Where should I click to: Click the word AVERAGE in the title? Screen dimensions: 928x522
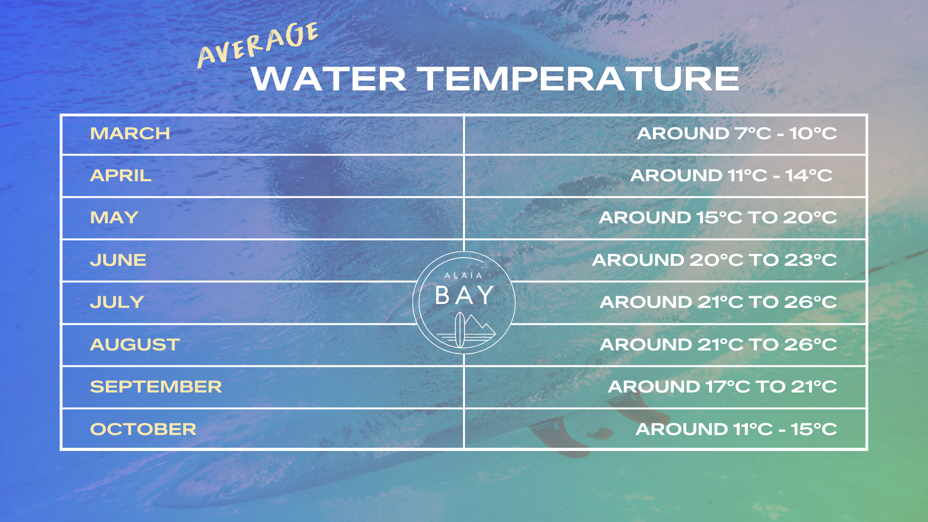click(258, 44)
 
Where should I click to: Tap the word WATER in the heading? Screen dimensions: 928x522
click(329, 79)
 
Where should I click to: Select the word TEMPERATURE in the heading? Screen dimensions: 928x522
click(578, 79)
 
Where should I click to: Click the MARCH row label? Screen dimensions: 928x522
click(130, 133)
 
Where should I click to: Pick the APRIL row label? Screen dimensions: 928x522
click(121, 175)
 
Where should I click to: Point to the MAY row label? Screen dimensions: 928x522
click(115, 217)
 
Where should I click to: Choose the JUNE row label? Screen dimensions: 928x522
click(118, 260)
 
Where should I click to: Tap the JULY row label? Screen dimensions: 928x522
click(117, 302)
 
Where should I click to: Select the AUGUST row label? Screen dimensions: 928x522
click(135, 345)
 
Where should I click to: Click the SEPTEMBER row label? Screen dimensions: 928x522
click(156, 387)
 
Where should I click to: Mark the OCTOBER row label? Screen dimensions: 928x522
click(143, 429)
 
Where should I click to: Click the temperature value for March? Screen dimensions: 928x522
click(737, 133)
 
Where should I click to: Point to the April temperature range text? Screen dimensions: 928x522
click(731, 175)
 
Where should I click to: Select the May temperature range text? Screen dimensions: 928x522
click(718, 217)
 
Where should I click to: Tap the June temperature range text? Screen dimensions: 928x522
click(714, 260)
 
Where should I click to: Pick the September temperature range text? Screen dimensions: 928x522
click(722, 387)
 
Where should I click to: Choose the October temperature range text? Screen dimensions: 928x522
click(736, 429)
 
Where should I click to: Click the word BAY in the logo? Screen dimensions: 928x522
click(464, 295)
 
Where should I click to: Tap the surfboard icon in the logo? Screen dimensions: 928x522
click(460, 330)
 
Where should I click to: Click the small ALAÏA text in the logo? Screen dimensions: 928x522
click(464, 275)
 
